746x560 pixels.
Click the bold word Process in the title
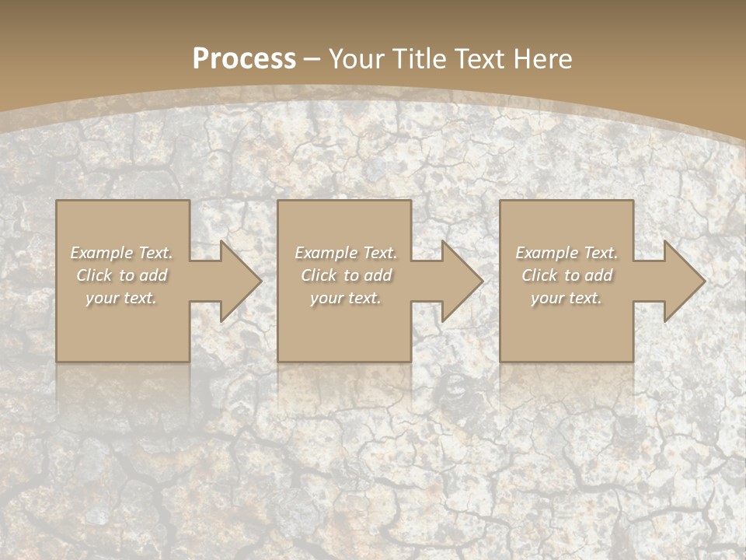244,59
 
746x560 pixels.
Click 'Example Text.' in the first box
121,253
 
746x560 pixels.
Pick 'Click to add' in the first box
121,275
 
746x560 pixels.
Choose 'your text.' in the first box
121,298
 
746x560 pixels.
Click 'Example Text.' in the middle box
345,253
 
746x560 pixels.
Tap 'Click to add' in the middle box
345,275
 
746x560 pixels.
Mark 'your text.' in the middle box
345,298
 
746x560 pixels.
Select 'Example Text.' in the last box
566,253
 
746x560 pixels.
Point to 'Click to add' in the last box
566,275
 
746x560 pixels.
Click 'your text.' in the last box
566,298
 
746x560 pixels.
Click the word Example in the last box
547,253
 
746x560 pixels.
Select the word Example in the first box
102,253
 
